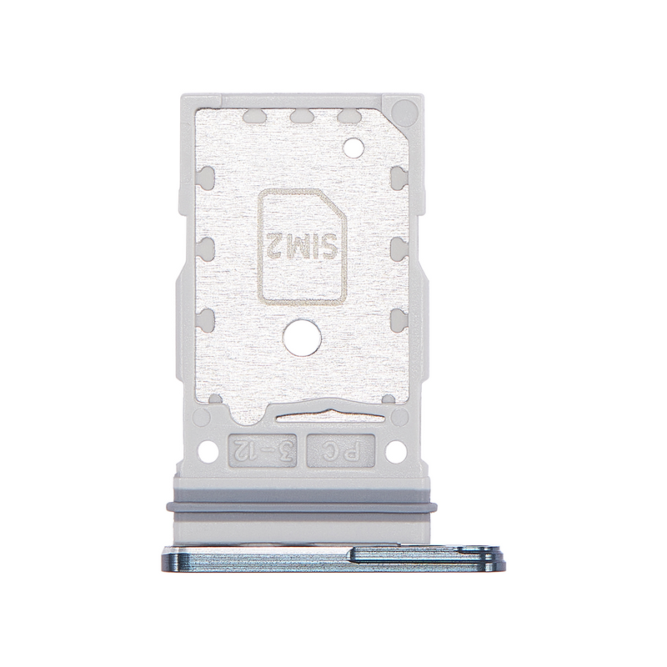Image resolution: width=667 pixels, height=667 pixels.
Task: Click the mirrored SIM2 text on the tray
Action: [303, 246]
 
